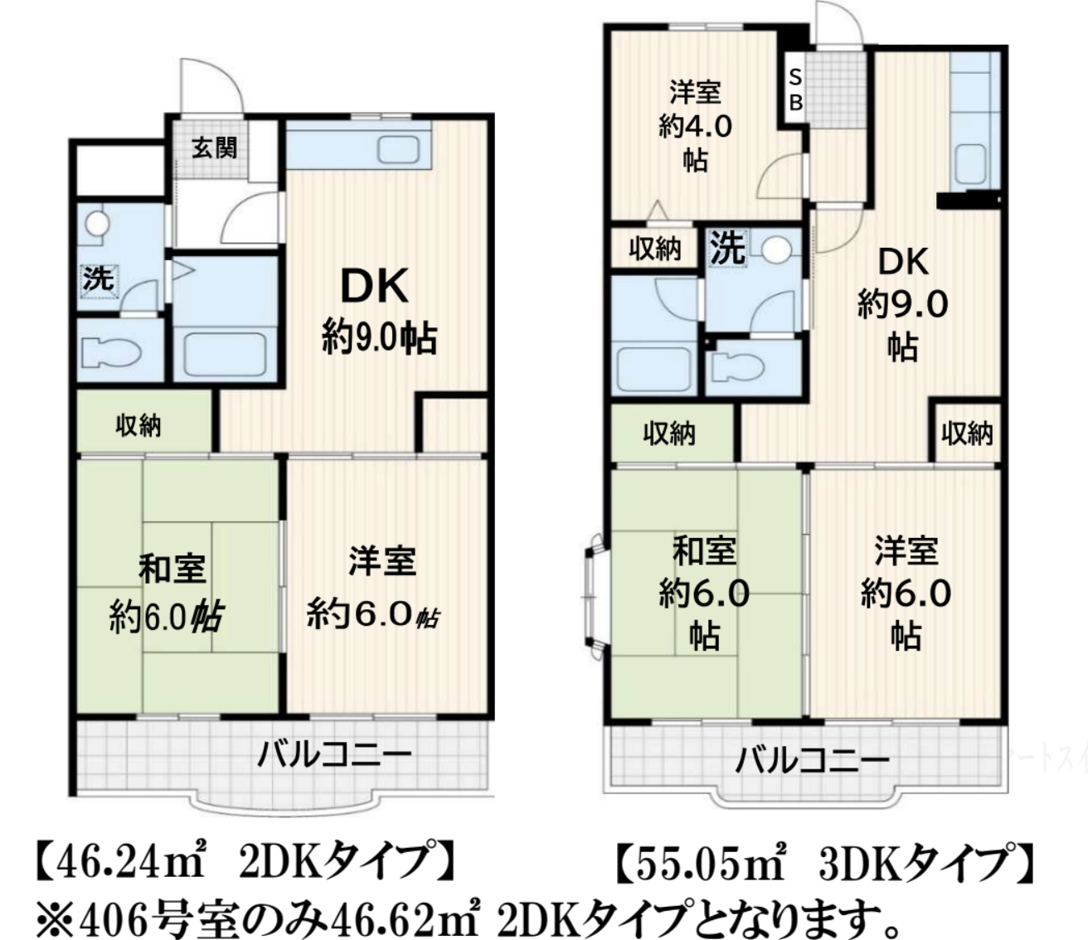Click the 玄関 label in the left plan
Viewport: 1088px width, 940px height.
214,148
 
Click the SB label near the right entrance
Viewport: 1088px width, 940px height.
795,90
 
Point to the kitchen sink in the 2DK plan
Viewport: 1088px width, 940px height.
398,149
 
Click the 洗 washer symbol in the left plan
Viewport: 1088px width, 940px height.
99,279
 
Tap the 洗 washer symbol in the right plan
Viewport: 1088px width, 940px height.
728,248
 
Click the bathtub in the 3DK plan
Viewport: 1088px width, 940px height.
654,369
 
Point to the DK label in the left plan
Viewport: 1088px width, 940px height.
374,287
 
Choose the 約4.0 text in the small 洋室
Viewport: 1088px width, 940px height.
695,127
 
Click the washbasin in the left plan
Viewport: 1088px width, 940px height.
97,223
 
